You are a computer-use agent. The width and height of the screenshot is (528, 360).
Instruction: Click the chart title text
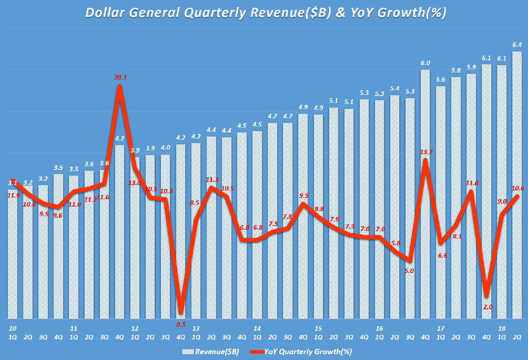click(266, 13)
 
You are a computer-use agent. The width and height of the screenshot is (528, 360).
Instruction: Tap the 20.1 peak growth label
click(120, 77)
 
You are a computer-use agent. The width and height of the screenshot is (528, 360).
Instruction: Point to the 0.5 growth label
click(181, 324)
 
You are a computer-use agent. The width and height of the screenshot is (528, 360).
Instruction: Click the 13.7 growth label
click(425, 152)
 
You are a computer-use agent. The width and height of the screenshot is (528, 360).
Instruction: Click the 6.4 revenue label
click(517, 45)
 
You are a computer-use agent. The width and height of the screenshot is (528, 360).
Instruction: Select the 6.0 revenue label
click(425, 63)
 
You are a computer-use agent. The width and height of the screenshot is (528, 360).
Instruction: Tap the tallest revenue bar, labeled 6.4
click(517, 186)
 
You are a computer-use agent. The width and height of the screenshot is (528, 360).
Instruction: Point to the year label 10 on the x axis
click(13, 329)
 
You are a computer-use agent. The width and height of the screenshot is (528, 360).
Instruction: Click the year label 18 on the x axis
click(502, 329)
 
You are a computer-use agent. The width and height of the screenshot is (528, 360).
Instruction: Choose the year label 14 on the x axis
click(257, 329)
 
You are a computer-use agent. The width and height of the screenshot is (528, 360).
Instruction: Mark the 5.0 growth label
click(409, 271)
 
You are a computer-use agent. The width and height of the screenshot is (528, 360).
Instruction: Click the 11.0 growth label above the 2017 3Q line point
click(472, 183)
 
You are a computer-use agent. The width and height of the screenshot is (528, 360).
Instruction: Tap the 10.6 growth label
click(517, 188)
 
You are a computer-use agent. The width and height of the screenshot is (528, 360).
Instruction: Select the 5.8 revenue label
click(456, 71)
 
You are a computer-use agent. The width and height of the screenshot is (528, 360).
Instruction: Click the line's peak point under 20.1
click(120, 86)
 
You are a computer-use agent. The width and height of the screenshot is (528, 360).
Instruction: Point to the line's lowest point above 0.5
click(181, 312)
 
